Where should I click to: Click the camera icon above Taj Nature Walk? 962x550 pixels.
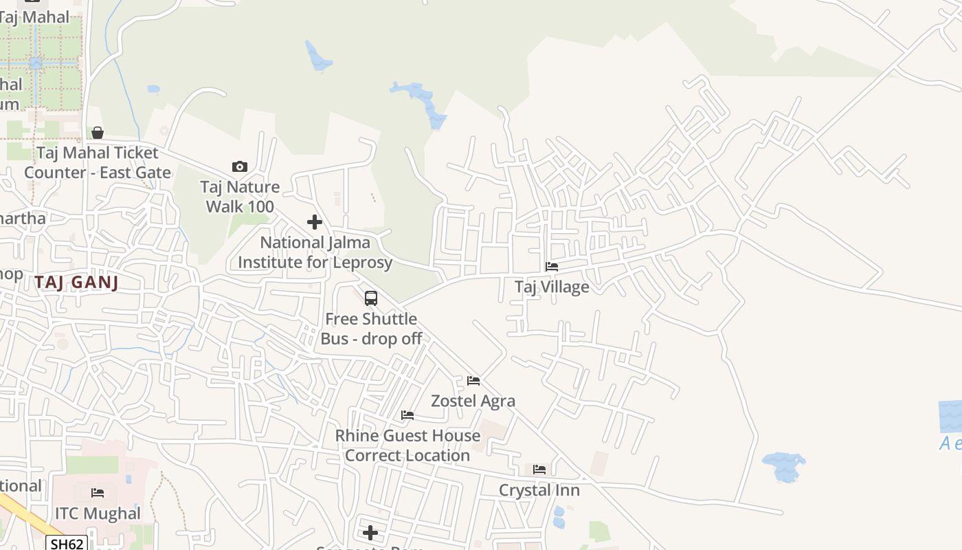point(240,166)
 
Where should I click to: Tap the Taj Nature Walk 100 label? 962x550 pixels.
point(240,197)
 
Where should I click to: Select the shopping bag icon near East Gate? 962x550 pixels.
point(98,133)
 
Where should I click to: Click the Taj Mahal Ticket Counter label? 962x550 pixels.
point(98,162)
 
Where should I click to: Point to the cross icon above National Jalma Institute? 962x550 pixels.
point(315,222)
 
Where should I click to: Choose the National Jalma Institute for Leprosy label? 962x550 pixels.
point(315,252)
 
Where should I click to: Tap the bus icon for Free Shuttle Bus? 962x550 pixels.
point(371,298)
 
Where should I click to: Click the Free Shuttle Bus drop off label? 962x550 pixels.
point(371,329)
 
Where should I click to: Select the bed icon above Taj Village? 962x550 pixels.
point(552,267)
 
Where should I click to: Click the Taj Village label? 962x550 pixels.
point(552,287)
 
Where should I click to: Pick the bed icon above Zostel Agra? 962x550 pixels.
point(473,381)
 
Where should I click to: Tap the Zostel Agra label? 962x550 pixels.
point(473,401)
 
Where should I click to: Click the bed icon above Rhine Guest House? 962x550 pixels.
point(407,415)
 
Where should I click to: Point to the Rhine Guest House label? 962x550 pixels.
point(407,445)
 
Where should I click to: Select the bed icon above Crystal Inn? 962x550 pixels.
point(539,470)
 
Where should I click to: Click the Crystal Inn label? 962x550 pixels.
point(539,490)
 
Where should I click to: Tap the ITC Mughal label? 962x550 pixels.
point(98,514)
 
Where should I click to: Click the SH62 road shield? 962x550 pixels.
point(67,544)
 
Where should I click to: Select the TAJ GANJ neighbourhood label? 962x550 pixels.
point(76,282)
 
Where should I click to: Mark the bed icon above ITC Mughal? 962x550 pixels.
point(98,493)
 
